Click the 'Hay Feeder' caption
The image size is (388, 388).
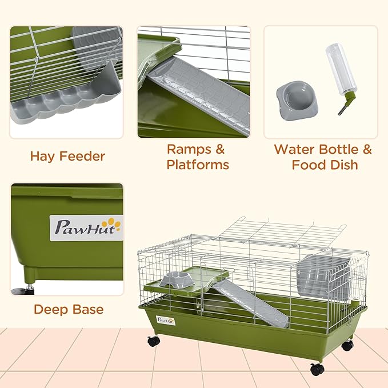pyautogui.click(x=67, y=156)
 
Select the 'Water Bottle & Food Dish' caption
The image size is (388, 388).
pyautogui.click(x=323, y=157)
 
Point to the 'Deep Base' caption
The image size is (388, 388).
pyautogui.click(x=69, y=310)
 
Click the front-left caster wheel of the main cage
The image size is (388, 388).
pyautogui.click(x=153, y=341)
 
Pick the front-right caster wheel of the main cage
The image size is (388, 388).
pyautogui.click(x=317, y=369)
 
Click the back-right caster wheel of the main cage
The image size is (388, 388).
pyautogui.click(x=347, y=345)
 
